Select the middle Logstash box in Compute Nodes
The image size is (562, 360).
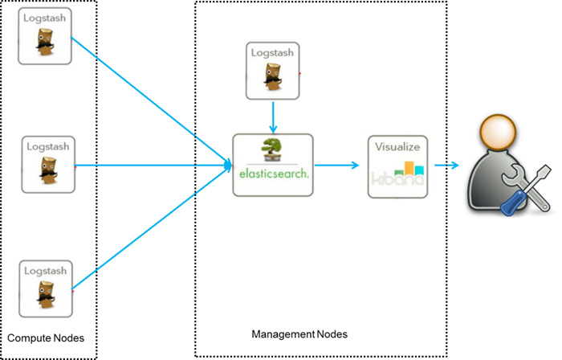(x=48, y=164)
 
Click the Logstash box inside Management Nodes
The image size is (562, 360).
(x=272, y=71)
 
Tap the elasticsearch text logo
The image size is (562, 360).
(x=273, y=172)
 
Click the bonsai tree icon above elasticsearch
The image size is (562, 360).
(x=272, y=150)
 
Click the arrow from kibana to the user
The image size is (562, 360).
(x=446, y=166)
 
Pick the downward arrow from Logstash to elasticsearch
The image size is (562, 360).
(x=272, y=117)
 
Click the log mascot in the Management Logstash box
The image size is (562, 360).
(x=272, y=79)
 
